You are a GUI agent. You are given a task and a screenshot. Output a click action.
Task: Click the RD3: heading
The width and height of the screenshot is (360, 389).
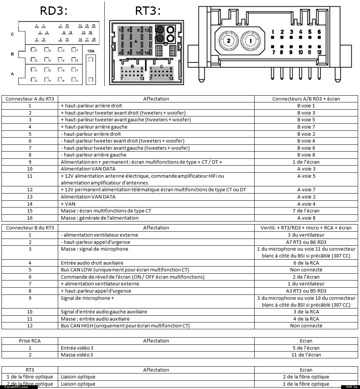54,11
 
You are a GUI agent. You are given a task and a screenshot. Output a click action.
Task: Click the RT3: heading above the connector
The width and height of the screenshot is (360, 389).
148,11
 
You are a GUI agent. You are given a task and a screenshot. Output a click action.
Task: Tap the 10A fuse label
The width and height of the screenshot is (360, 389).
91,51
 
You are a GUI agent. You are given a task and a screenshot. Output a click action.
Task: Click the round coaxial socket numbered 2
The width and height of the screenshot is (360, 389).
228,40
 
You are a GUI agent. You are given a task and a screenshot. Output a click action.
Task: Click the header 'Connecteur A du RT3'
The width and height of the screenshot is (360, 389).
30,99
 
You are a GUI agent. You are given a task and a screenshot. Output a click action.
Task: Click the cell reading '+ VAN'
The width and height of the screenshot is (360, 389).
68,204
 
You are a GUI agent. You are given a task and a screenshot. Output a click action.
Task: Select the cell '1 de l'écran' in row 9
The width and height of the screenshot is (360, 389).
306,162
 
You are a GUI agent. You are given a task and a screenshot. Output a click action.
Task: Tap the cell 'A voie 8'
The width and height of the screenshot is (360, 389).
306,218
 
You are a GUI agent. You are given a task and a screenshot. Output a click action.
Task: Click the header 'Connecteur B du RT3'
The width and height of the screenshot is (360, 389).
30,228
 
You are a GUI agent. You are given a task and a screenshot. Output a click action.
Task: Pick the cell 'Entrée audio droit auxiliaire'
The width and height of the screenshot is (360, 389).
92,263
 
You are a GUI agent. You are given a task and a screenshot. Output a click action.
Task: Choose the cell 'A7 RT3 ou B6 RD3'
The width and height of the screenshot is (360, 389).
306,242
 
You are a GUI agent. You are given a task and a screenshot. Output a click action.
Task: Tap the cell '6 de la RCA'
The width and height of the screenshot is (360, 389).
306,263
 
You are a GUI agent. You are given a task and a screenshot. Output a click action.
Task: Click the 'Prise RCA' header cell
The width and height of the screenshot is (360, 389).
30,341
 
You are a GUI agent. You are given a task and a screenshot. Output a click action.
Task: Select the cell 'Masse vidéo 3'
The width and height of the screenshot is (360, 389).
77,355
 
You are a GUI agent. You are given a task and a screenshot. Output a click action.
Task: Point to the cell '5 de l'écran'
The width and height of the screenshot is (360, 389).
306,348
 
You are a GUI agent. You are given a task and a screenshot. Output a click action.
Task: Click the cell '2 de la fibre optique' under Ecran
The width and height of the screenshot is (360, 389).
306,377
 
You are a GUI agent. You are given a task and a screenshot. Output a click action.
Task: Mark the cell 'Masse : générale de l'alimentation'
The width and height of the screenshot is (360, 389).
100,218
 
